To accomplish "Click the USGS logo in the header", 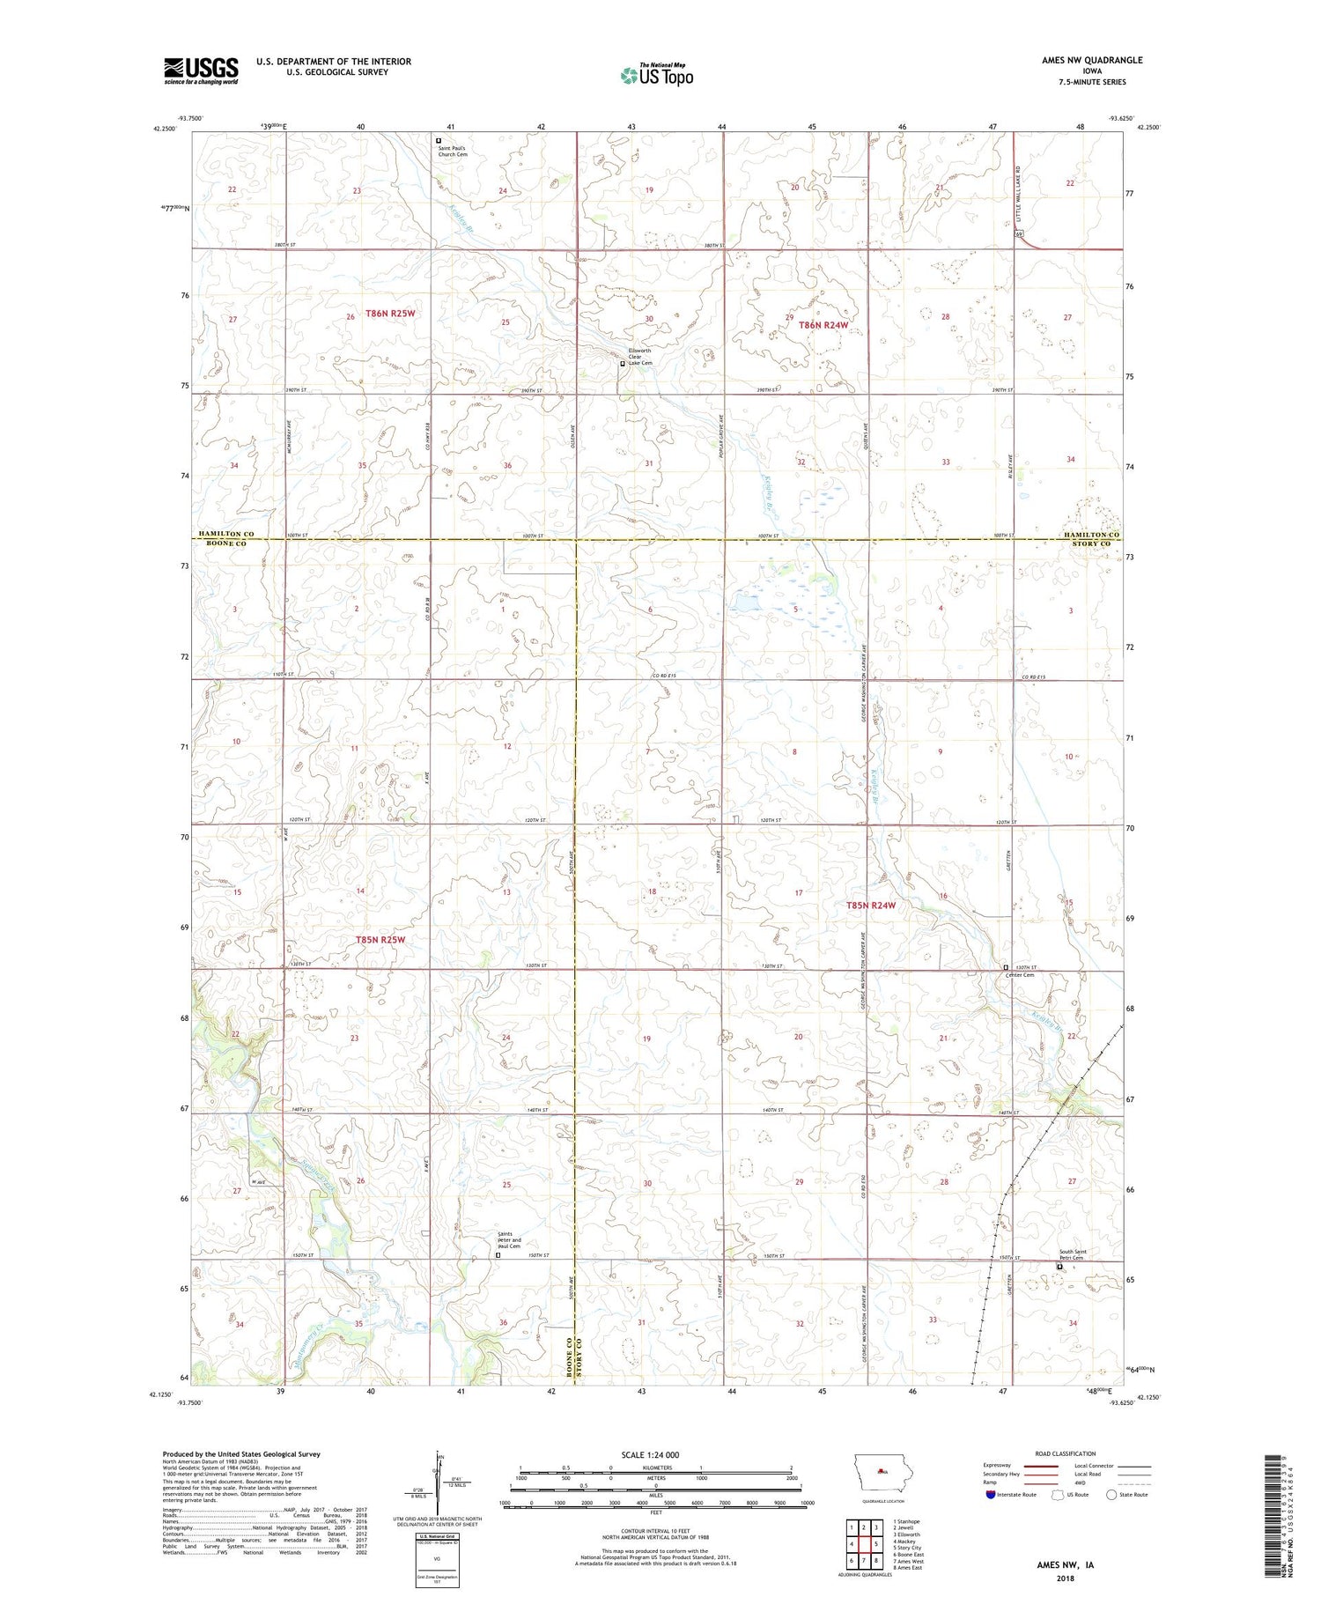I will point(201,70).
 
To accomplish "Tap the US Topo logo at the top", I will point(656,75).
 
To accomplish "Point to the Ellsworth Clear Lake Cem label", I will point(639,357).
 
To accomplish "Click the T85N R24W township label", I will point(871,905).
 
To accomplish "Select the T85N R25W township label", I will point(380,939).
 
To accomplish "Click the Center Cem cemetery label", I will point(1021,974).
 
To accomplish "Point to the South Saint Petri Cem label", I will point(1073,1255).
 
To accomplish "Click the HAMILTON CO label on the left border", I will point(225,534).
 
